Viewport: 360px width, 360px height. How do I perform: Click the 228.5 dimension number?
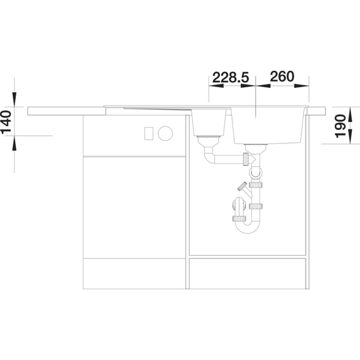tap(231, 77)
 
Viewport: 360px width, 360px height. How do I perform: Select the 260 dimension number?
tap(282, 76)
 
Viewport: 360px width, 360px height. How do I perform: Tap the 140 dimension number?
tap(6, 122)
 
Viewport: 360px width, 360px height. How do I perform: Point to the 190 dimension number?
tap(340, 126)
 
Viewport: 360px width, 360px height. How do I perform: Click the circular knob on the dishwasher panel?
tap(165, 133)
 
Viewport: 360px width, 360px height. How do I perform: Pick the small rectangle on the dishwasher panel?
tap(149, 133)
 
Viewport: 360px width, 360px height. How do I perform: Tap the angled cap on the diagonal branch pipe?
tap(242, 186)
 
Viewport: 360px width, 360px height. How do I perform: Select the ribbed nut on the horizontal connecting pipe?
tap(246, 159)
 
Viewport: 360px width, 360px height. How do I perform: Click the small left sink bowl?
tap(208, 123)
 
